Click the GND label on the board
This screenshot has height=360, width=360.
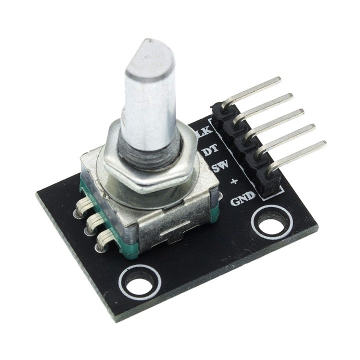[242, 198]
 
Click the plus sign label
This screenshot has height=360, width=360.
[233, 182]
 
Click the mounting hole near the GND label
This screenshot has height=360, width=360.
[270, 218]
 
